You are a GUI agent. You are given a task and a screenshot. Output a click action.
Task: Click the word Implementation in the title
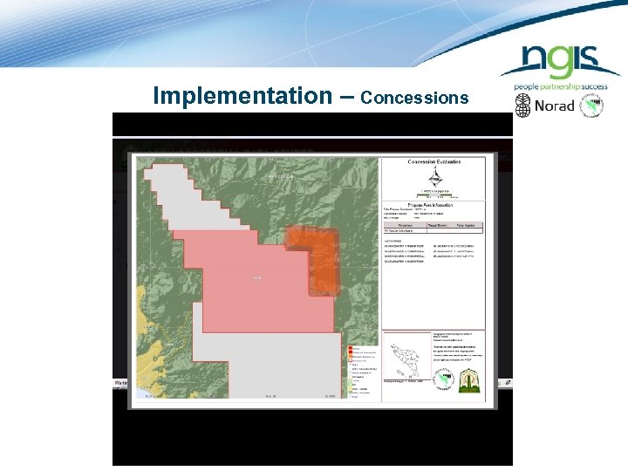pyautogui.click(x=238, y=95)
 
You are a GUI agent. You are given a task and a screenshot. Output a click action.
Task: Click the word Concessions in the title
pyautogui.click(x=415, y=98)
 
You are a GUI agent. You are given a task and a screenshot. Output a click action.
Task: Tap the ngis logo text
pyautogui.click(x=559, y=62)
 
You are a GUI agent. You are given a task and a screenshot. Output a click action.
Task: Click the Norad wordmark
pyautogui.click(x=555, y=106)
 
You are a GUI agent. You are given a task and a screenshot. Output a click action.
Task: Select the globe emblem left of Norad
pyautogui.click(x=523, y=106)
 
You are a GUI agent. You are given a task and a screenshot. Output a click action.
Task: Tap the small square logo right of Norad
pyautogui.click(x=592, y=106)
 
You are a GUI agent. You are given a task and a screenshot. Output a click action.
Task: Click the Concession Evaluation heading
pyautogui.click(x=433, y=161)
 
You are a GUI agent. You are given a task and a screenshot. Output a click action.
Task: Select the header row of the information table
pyautogui.click(x=433, y=224)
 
